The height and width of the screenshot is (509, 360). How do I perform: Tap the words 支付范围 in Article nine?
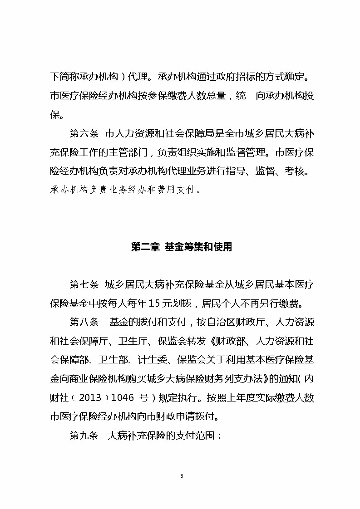194,436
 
